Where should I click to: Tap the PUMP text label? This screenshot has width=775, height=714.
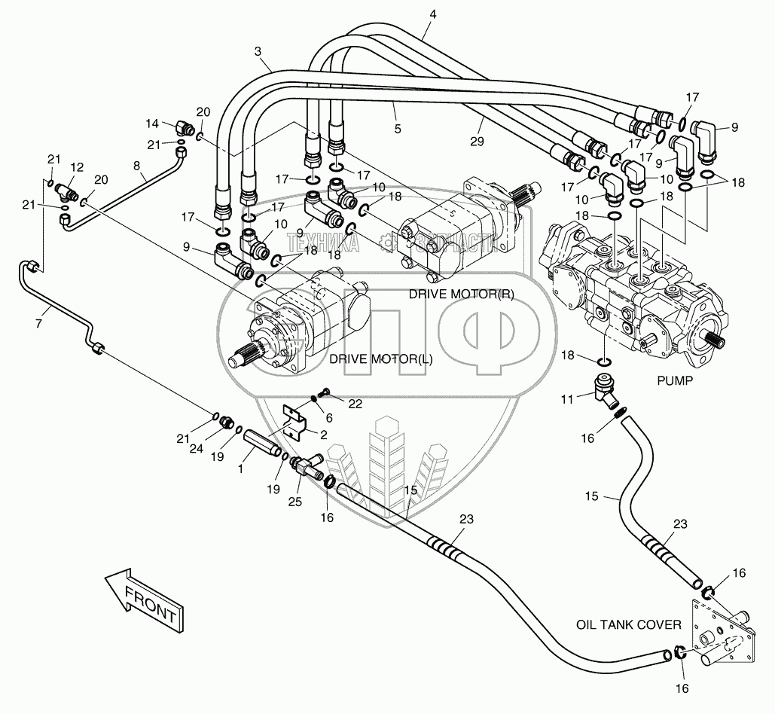[x=674, y=381]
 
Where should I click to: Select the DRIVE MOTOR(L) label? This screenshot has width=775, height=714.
[x=381, y=359]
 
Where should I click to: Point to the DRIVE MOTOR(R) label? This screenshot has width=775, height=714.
[x=462, y=294]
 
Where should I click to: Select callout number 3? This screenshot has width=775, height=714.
[x=258, y=51]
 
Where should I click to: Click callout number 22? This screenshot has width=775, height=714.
[x=355, y=404]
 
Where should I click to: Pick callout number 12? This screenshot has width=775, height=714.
[x=77, y=166]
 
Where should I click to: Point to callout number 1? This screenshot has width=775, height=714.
[x=242, y=468]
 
